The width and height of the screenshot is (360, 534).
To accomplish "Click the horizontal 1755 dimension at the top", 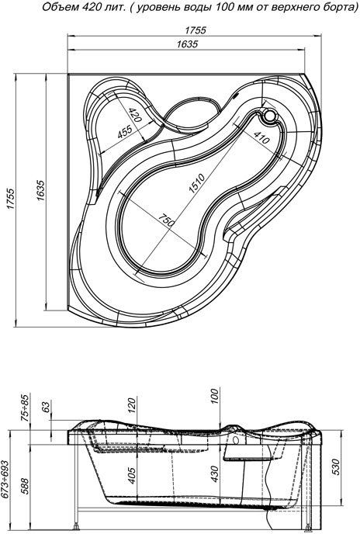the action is pos(196,30).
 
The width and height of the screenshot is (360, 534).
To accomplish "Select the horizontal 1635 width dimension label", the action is pos(187,44).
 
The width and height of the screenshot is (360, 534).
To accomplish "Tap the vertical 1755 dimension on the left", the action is pos(11,199).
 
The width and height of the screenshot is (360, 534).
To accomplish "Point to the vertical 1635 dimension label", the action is pos(40,190).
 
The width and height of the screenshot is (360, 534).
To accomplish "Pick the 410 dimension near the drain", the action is pos(261,137).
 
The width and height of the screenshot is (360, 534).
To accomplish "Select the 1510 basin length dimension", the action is pos(197,184).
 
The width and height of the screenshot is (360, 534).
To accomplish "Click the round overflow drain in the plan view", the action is pos(271,116).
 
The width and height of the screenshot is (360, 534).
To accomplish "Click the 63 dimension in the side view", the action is pos(46,406).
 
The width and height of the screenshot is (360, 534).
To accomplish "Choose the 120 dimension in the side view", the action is pos(132,406).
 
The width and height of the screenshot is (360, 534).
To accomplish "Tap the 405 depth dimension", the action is pos(132,475).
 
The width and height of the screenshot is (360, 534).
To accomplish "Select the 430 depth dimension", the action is pos(214,473).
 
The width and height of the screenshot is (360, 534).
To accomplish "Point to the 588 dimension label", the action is pos(25,486).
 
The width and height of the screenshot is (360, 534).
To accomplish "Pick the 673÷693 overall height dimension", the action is pos(5,480).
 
